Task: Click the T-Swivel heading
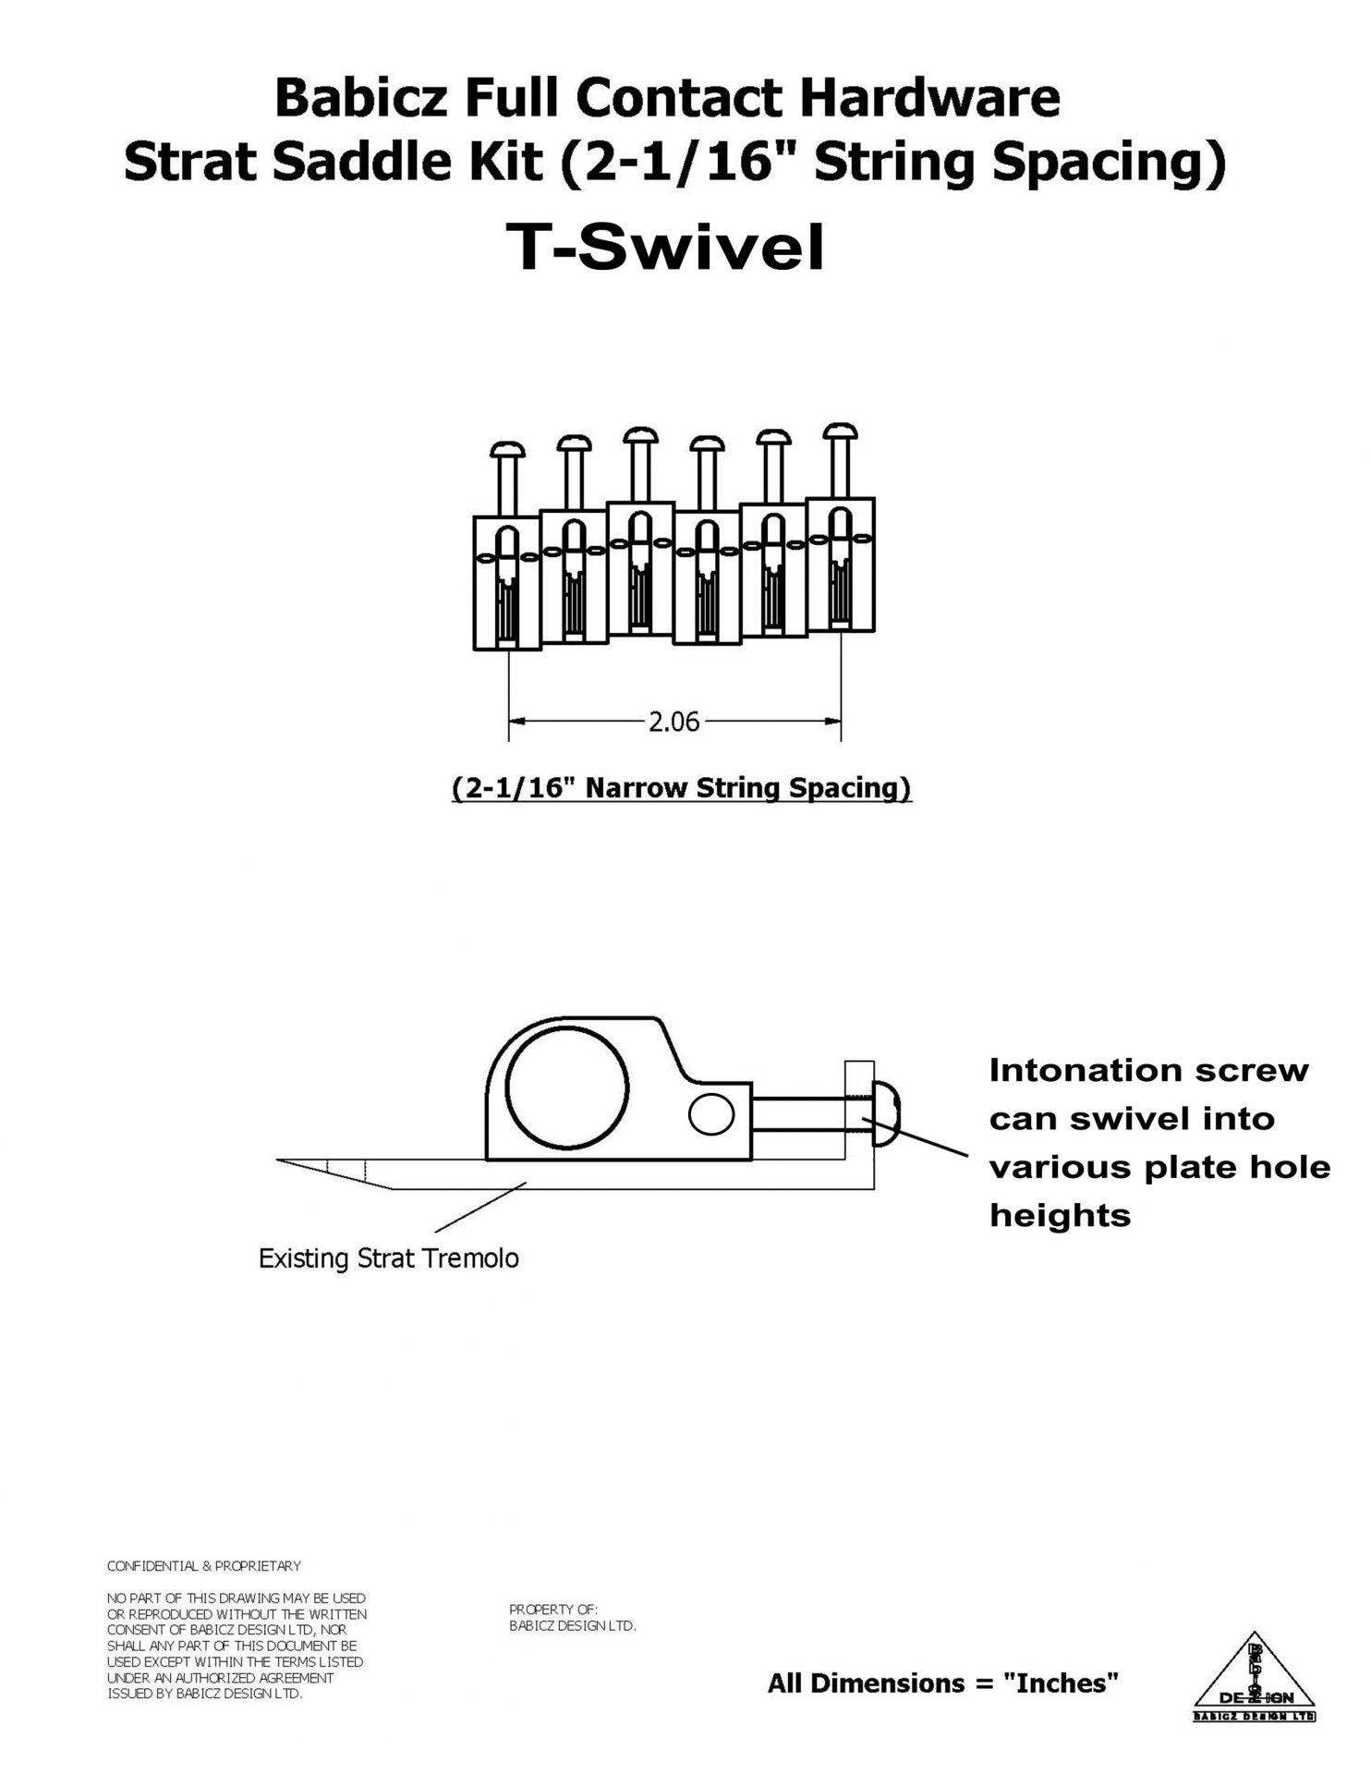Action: coord(665,248)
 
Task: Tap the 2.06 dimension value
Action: coord(673,722)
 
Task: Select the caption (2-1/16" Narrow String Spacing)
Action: coord(681,788)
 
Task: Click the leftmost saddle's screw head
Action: coord(508,450)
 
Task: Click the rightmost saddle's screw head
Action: coord(840,431)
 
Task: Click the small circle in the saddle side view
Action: coord(711,1116)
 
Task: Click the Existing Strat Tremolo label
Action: coord(388,1259)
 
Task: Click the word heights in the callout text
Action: coord(1060,1215)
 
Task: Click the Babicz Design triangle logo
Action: coord(1254,1677)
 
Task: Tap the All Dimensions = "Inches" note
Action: coord(942,1683)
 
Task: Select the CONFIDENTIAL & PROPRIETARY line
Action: coord(204,1566)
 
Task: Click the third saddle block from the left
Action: coord(640,568)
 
